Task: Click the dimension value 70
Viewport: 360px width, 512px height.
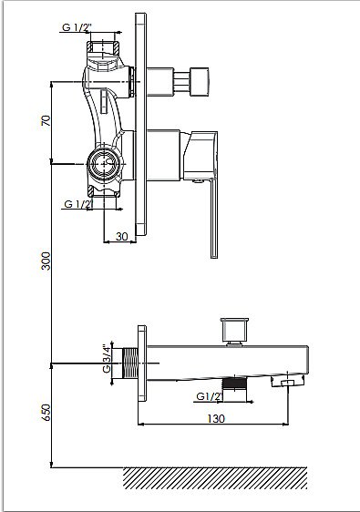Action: pos(46,120)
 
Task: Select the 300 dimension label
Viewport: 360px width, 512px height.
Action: pos(46,261)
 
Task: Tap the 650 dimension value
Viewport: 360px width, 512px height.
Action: pos(46,413)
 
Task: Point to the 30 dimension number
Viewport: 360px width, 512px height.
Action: pos(121,236)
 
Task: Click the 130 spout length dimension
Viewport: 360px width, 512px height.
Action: pos(216,418)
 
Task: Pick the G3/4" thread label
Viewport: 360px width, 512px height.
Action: pos(107,359)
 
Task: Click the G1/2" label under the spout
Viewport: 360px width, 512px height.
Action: pos(210,396)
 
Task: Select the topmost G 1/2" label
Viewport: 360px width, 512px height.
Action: pos(76,27)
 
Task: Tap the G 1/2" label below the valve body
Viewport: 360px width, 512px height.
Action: pos(77,204)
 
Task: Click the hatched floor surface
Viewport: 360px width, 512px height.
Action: pos(215,478)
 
